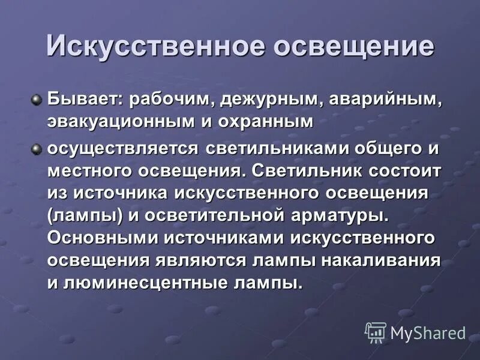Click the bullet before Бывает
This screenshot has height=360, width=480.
[37, 97]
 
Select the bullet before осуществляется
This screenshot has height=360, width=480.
[37, 146]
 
